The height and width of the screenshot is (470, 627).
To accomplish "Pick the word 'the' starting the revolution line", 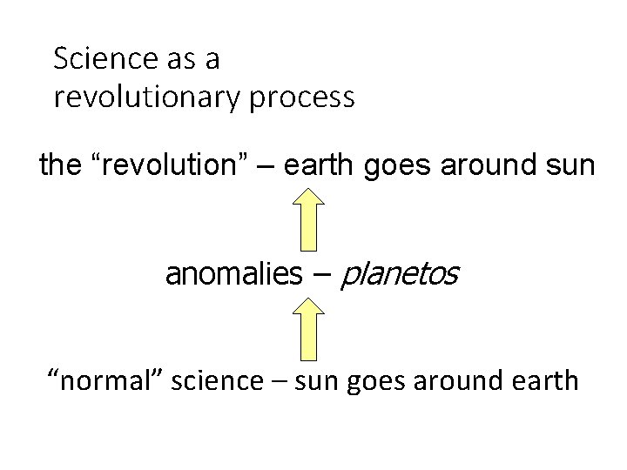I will click(x=59, y=165).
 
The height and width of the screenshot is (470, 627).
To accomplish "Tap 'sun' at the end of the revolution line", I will click(x=570, y=166).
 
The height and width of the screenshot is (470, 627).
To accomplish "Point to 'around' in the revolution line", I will click(x=485, y=165).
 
